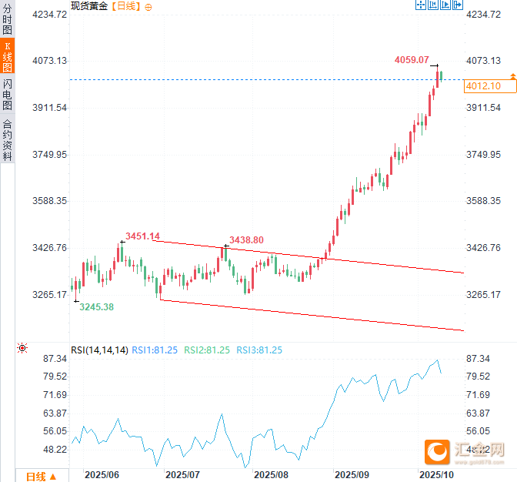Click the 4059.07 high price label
click(x=412, y=59)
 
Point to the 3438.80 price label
click(x=246, y=240)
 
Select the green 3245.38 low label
click(x=96, y=307)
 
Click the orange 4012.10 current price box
click(x=483, y=86)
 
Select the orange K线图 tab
click(x=8, y=59)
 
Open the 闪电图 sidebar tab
click(x=8, y=94)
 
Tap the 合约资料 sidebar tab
click(x=8, y=139)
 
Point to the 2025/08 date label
click(x=270, y=475)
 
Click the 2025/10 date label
click(x=435, y=475)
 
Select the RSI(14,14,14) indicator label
click(x=98, y=350)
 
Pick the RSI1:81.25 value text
click(x=154, y=350)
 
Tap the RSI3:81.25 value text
click(x=258, y=350)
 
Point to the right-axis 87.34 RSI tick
click(x=479, y=360)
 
